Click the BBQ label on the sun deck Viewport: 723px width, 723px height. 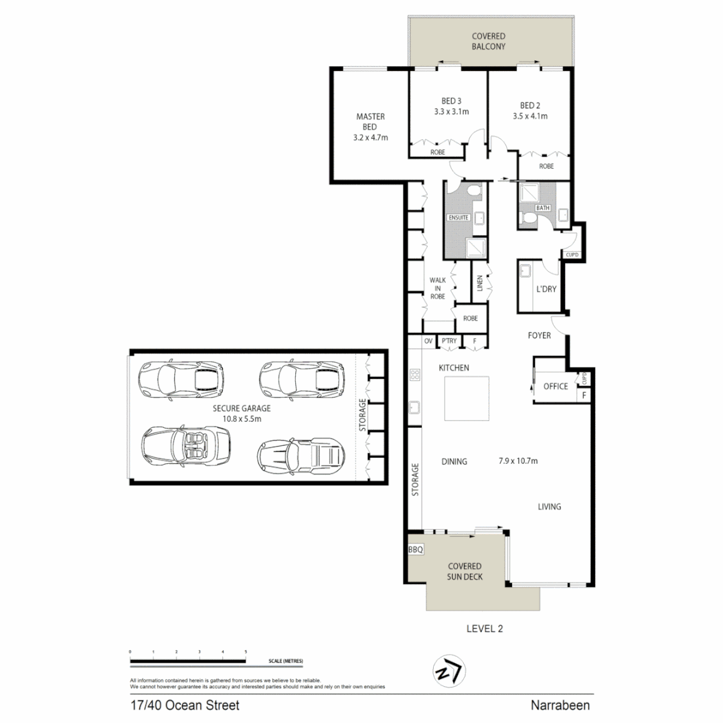(416, 550)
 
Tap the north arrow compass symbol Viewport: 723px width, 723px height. (449, 671)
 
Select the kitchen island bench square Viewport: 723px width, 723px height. (467, 398)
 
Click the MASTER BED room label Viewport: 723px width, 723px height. (370, 122)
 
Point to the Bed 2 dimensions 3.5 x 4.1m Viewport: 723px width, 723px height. (530, 116)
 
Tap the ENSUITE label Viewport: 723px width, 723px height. (459, 218)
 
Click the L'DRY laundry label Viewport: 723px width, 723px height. (546, 289)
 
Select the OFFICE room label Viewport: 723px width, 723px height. (556, 386)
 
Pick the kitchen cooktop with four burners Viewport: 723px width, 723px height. (415, 374)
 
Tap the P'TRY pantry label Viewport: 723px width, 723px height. (449, 341)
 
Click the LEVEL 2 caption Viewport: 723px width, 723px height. (485, 629)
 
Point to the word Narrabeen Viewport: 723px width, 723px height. (560, 706)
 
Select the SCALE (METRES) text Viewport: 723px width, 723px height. (286, 661)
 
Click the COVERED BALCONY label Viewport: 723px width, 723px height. (489, 41)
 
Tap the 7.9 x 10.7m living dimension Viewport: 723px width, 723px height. (518, 461)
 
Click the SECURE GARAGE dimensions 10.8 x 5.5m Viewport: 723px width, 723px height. (242, 418)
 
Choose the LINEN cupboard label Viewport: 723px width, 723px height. (479, 283)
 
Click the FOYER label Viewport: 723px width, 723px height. (540, 335)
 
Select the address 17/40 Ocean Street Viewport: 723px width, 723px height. (185, 706)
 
